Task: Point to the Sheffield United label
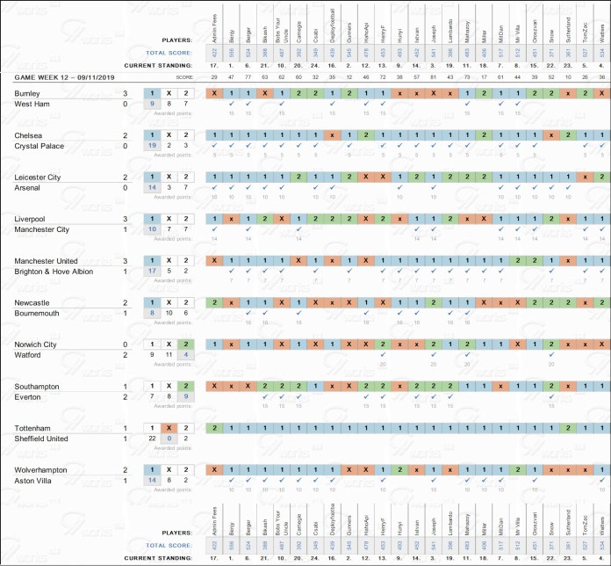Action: click(x=45, y=439)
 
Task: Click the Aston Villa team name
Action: click(x=35, y=481)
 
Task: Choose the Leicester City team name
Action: click(x=38, y=177)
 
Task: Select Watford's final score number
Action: click(x=126, y=355)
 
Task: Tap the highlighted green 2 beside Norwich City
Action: click(x=185, y=344)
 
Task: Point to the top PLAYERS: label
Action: click(x=178, y=40)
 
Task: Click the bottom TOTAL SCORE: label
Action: click(x=170, y=546)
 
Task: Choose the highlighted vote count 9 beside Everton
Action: click(x=185, y=397)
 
